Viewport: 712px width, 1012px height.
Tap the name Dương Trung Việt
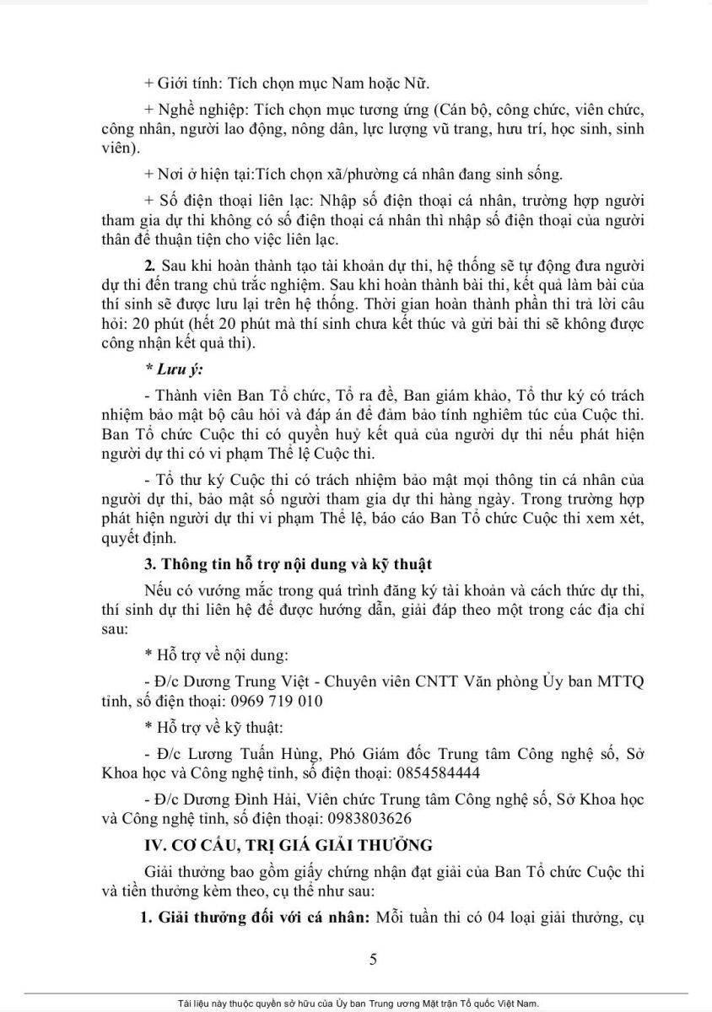[233, 681]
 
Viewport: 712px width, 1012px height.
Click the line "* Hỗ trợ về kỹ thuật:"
[214, 724]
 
